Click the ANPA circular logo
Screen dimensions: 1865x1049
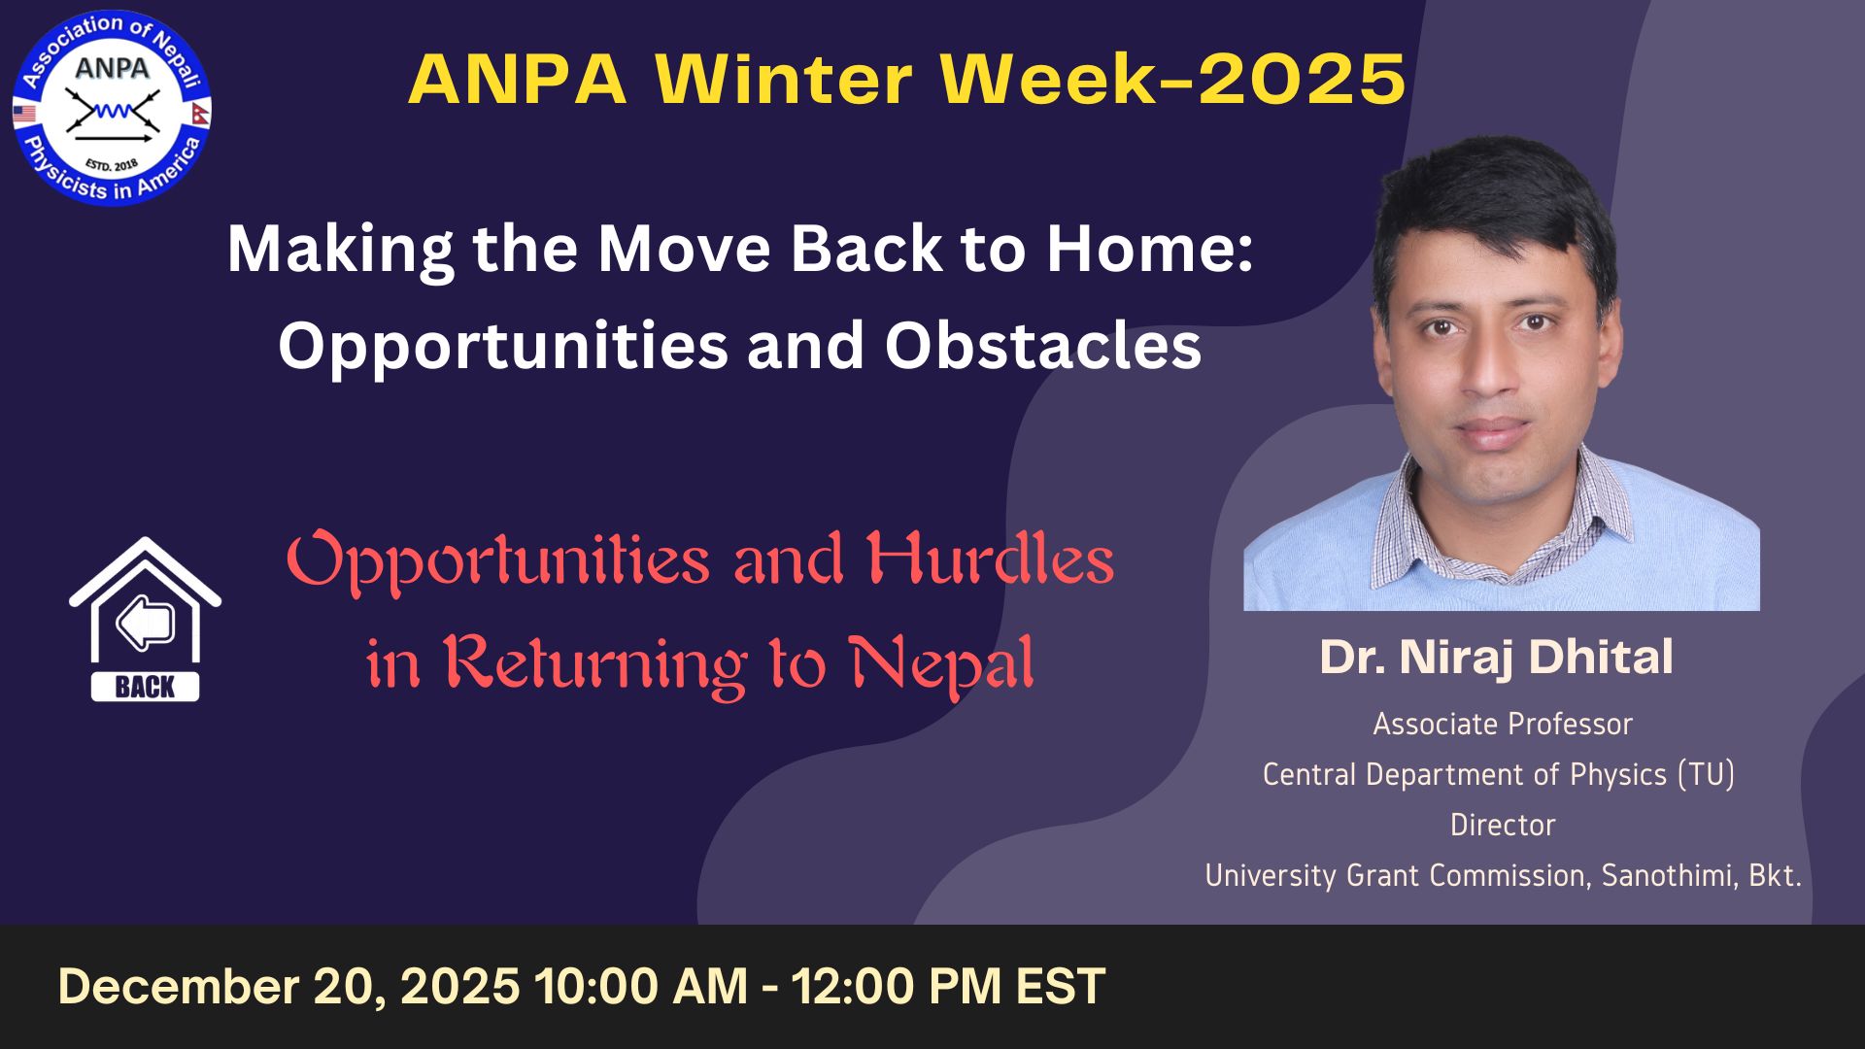(x=112, y=107)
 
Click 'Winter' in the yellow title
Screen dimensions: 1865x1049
(x=782, y=79)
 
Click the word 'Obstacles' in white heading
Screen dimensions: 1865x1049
(x=1042, y=345)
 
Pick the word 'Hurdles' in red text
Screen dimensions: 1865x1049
(x=991, y=560)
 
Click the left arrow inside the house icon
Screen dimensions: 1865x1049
(x=145, y=623)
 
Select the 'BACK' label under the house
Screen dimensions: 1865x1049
(x=145, y=687)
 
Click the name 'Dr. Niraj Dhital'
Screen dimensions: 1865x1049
(x=1496, y=657)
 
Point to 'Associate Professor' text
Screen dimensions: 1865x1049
(x=1503, y=724)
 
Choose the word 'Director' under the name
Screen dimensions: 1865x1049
(x=1503, y=825)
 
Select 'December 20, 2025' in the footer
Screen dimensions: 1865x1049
(x=288, y=987)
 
